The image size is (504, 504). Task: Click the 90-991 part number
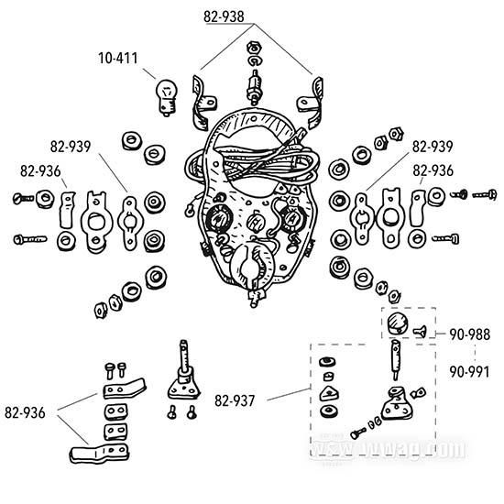coord(470,372)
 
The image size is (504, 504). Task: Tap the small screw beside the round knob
coord(421,333)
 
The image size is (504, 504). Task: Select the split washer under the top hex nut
coord(252,63)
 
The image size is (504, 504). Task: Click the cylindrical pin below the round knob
coord(396,360)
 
